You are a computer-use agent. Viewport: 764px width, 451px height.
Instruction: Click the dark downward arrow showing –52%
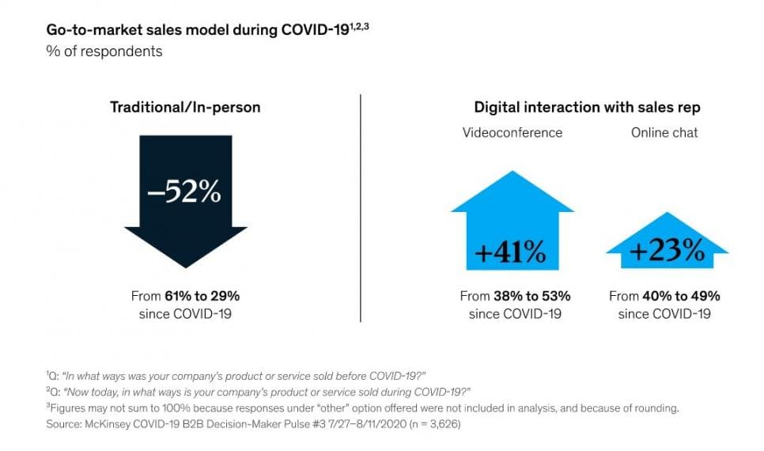pyautogui.click(x=184, y=206)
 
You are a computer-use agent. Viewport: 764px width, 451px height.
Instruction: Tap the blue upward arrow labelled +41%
pyautogui.click(x=512, y=229)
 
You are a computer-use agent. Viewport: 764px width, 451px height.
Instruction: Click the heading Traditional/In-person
pyautogui.click(x=185, y=107)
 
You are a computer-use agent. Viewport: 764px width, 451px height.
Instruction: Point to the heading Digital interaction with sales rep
pyautogui.click(x=587, y=107)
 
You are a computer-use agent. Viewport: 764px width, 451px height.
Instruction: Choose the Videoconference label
pyautogui.click(x=512, y=132)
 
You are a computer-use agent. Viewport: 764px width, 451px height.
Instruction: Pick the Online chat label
pyautogui.click(x=664, y=132)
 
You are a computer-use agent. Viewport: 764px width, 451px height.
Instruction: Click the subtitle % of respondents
pyautogui.click(x=104, y=51)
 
